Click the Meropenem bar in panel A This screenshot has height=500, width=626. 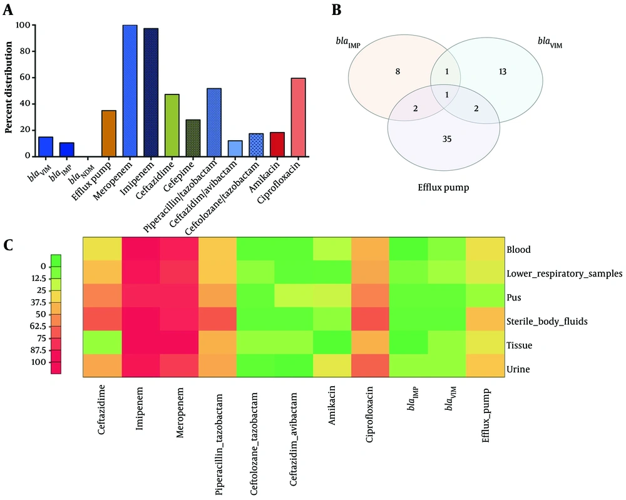click(x=130, y=91)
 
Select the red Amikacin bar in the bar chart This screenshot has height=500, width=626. click(x=277, y=144)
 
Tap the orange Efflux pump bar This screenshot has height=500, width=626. click(x=109, y=133)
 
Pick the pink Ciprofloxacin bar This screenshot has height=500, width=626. click(x=298, y=117)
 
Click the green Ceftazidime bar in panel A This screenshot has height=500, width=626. click(x=172, y=125)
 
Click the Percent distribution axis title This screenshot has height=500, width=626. click(x=8, y=88)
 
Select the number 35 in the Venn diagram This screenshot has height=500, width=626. click(x=447, y=139)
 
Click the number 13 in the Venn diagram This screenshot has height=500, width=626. click(x=502, y=72)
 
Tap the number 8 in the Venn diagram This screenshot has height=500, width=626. click(x=398, y=72)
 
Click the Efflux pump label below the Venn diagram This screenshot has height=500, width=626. click(x=443, y=188)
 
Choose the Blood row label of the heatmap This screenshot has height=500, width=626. click(x=518, y=250)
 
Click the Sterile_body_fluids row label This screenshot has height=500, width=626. click(x=547, y=322)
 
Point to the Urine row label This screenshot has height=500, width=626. click(x=518, y=369)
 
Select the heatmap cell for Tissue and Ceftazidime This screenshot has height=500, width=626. click(x=102, y=342)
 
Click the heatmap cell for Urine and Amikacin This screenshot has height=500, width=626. click(x=332, y=365)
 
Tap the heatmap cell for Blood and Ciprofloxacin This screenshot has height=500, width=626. click(x=371, y=249)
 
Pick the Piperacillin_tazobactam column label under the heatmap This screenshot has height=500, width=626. click(x=218, y=444)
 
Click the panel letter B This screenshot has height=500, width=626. click(x=337, y=10)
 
